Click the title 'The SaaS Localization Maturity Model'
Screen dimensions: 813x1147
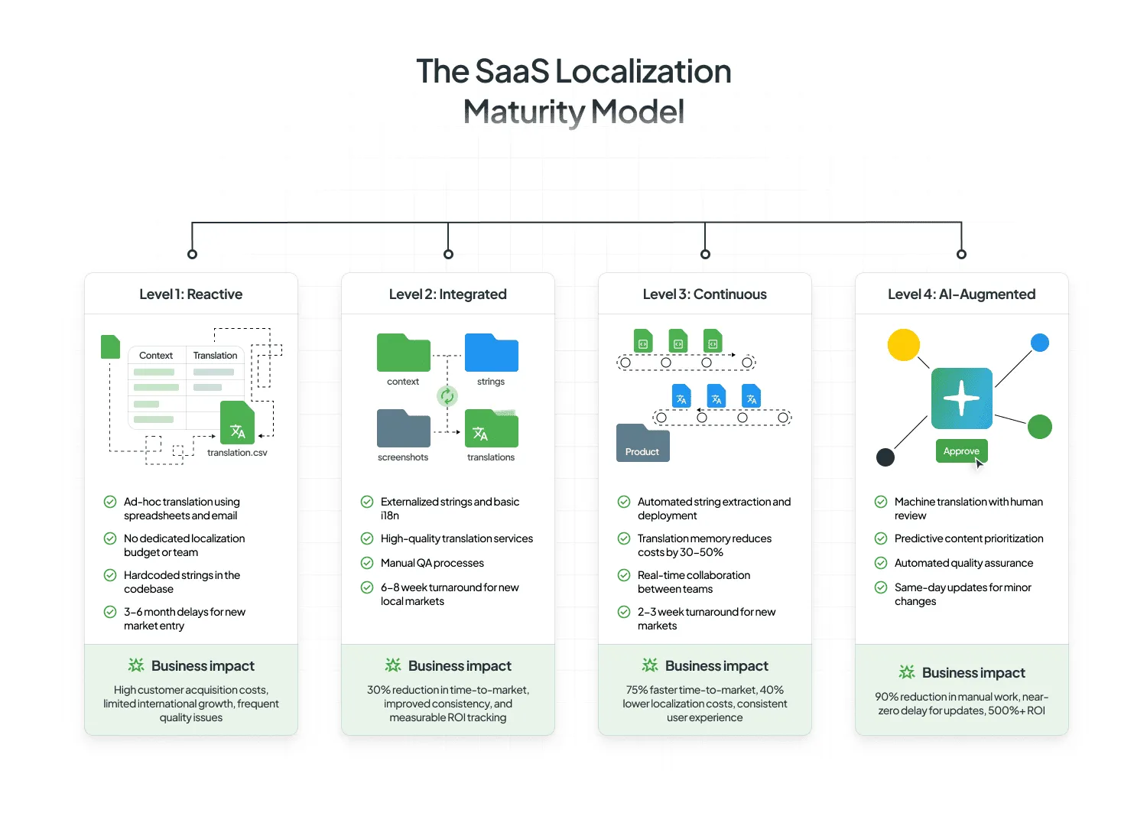click(x=573, y=91)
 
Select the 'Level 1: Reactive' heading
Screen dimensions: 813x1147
click(x=190, y=294)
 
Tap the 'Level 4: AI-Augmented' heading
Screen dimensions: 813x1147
click(x=961, y=294)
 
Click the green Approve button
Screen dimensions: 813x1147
click(x=961, y=451)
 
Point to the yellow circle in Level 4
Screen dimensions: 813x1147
click(x=903, y=345)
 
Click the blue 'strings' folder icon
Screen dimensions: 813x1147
click(x=491, y=353)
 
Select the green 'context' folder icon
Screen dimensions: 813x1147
click(x=403, y=353)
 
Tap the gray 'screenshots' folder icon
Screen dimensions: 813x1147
click(x=403, y=429)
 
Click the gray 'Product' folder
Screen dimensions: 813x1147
click(x=642, y=444)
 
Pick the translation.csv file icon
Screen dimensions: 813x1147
click(x=237, y=423)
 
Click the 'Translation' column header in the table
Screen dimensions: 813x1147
click(x=215, y=356)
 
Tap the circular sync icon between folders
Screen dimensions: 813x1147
click(x=447, y=395)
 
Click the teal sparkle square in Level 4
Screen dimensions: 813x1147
click(x=961, y=398)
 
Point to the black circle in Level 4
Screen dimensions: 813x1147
click(x=885, y=457)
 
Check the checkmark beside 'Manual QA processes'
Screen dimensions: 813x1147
click(x=367, y=563)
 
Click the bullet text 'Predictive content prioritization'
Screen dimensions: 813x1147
click(x=968, y=538)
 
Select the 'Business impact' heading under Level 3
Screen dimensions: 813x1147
click(x=716, y=666)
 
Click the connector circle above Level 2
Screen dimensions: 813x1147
click(x=449, y=254)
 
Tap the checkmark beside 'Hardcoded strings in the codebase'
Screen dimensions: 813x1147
click(x=110, y=575)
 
